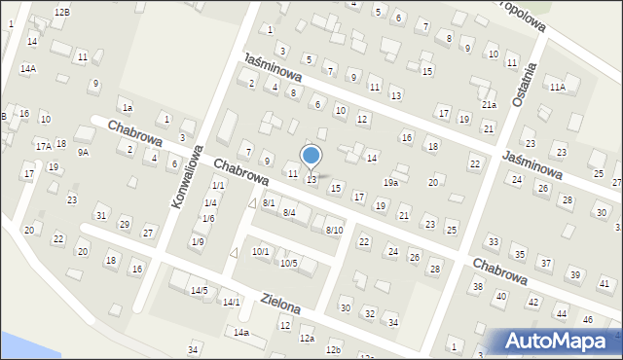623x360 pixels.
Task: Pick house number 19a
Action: click(390, 182)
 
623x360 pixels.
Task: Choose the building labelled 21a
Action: click(489, 104)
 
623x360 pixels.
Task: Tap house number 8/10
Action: click(334, 230)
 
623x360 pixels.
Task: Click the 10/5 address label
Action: click(289, 264)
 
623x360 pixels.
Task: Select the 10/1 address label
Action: click(261, 252)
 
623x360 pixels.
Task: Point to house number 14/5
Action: click(199, 290)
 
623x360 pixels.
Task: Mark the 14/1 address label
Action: click(231, 303)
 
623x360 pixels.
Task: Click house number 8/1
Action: click(268, 202)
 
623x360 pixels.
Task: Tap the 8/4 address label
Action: click(289, 212)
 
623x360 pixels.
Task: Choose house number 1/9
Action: click(198, 240)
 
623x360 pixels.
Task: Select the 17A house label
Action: click(43, 146)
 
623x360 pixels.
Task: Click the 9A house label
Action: click(84, 152)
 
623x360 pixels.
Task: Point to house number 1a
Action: click(127, 107)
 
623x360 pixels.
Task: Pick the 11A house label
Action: click(557, 87)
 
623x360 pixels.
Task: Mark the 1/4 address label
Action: click(209, 202)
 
